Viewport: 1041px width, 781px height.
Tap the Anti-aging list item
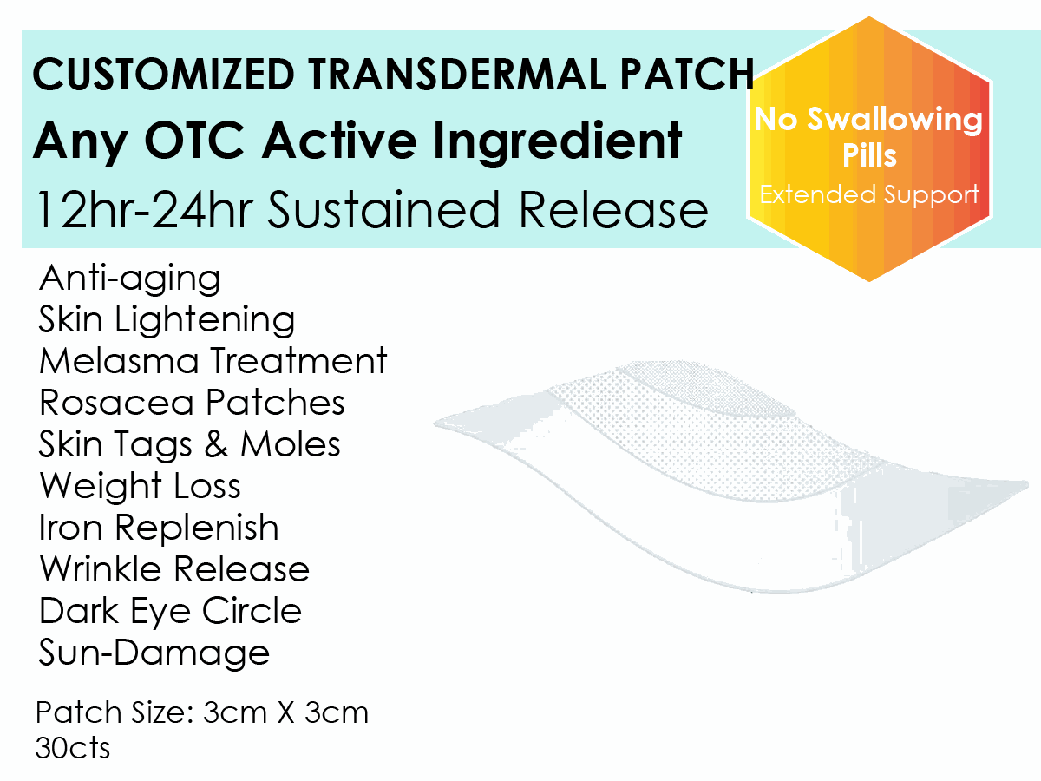click(x=130, y=279)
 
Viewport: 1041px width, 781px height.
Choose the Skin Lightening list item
click(x=167, y=320)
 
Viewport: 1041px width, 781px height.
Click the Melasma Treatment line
click(x=213, y=361)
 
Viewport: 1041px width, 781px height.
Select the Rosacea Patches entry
click(x=192, y=403)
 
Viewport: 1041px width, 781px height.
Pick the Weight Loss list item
click(x=140, y=486)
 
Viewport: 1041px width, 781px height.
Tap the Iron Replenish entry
click(x=159, y=528)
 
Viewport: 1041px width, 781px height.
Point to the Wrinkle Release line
click(x=174, y=569)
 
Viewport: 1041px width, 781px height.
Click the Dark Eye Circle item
click(x=170, y=611)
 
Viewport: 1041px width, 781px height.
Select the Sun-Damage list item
click(x=154, y=653)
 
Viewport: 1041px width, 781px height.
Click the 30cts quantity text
click(x=73, y=748)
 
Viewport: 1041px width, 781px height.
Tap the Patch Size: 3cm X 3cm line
click(x=202, y=713)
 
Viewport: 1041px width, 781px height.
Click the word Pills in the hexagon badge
click(x=869, y=157)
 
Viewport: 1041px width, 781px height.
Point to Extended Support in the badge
click(x=869, y=194)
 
